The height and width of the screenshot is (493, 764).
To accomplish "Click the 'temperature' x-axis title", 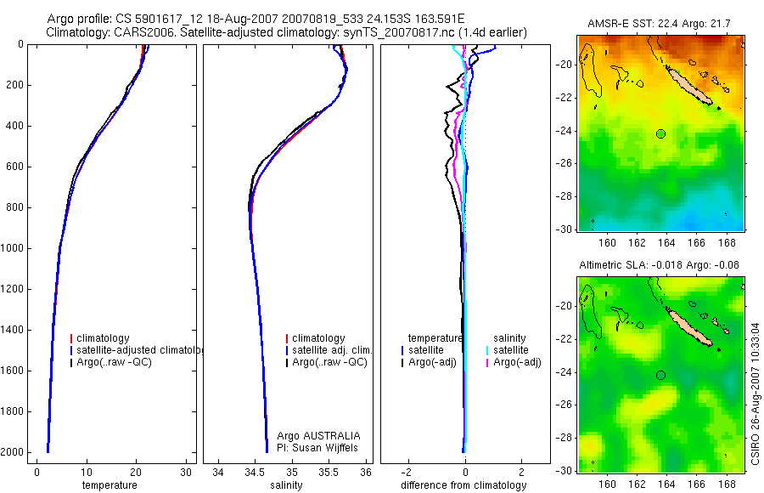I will coord(109,485).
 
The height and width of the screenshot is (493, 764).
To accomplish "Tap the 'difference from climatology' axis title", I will coord(463,485).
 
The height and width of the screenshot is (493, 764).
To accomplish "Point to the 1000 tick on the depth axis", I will coord(12,249).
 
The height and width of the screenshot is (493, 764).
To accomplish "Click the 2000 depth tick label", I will coord(12,453).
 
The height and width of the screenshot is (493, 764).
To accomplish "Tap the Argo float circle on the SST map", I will coord(661,133).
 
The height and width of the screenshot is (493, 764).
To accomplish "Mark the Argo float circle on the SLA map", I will coord(661,375).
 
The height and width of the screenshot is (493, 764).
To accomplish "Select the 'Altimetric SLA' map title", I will coord(659,265).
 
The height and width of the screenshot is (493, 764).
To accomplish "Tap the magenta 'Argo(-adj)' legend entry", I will coord(518,363).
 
